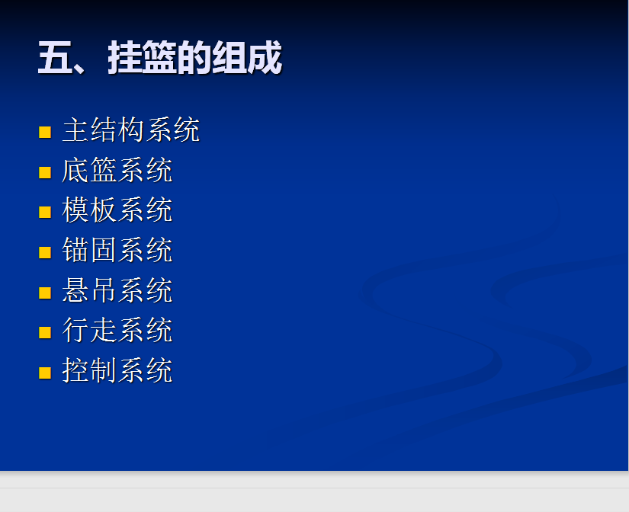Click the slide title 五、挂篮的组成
[160, 57]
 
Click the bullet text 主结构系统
[131, 130]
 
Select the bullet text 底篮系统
[117, 170]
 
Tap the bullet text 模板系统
[117, 210]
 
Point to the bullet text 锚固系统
[117, 250]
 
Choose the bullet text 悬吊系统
[117, 290]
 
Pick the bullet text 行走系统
[117, 330]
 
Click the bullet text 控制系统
[117, 370]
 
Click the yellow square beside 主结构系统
[45, 133]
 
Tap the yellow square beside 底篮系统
[45, 172]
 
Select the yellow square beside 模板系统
[45, 212]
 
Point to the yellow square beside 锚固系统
[45, 253]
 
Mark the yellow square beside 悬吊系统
[45, 293]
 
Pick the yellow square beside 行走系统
[45, 333]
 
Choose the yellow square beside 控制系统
[45, 373]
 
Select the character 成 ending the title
[265, 57]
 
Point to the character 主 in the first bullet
[75, 130]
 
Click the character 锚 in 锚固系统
[75, 250]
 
